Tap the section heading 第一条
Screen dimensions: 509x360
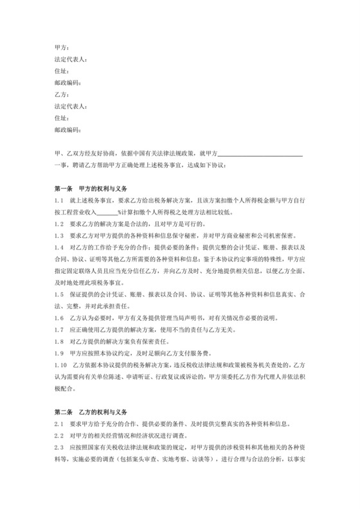pos(64,191)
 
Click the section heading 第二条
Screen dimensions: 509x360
pos(64,412)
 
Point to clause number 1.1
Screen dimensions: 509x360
pos(59,201)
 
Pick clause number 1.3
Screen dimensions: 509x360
pos(59,235)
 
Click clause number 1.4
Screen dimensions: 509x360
pos(59,247)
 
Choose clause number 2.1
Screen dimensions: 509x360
pos(59,423)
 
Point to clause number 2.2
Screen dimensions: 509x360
pos(59,434)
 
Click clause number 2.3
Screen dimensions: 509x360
pos(59,446)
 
